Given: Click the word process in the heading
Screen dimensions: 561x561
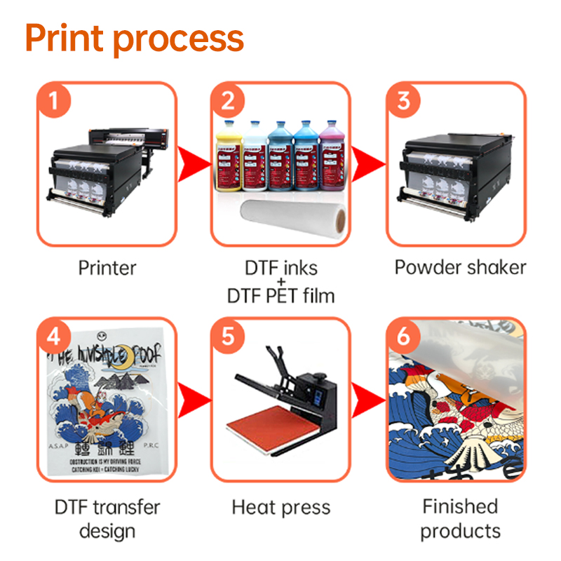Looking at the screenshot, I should [x=178, y=41].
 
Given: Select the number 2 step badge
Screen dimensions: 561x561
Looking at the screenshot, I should [x=228, y=102].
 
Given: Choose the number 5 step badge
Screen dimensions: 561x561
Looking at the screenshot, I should [x=228, y=337].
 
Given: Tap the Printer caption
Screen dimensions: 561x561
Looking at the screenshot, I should [x=107, y=267].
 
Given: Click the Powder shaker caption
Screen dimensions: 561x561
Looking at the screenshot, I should [x=460, y=267].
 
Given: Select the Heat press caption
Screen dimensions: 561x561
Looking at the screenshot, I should [x=280, y=507].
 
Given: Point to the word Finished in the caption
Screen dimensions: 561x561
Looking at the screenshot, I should [x=460, y=506].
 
